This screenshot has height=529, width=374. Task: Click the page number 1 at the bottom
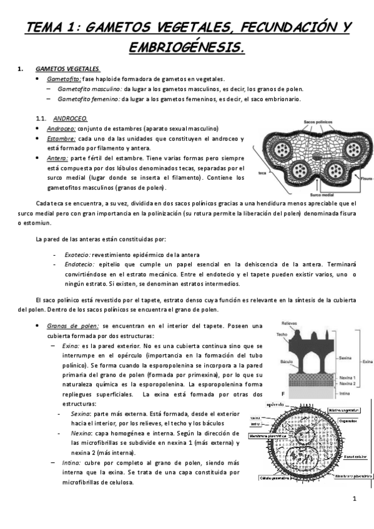click(x=353, y=498)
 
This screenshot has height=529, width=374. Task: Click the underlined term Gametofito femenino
click(x=89, y=99)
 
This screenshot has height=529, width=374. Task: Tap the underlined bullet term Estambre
click(x=61, y=138)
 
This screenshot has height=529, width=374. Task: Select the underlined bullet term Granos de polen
click(x=71, y=326)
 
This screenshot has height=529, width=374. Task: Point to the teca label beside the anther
click(x=263, y=172)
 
